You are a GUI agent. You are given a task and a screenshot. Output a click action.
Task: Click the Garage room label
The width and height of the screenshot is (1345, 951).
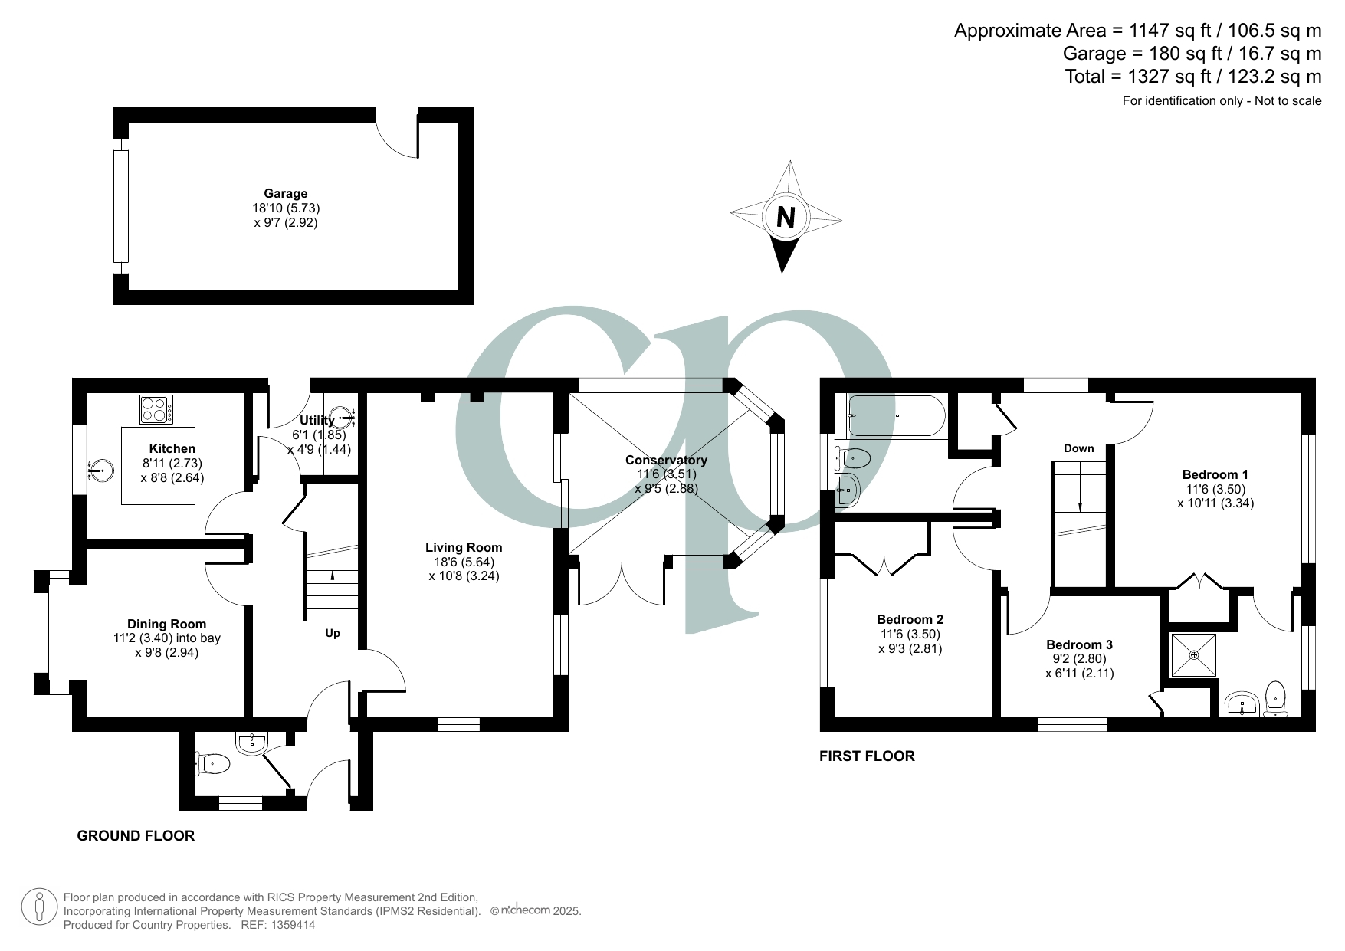tap(285, 194)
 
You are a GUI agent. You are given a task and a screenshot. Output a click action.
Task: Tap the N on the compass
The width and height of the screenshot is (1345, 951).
tap(785, 218)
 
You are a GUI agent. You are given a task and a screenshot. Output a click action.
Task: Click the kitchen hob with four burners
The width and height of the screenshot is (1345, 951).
tap(156, 409)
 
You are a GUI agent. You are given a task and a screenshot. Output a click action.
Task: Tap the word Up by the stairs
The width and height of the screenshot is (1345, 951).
tap(333, 633)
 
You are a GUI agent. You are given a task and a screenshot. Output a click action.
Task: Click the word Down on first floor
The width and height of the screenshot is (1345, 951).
tap(1078, 448)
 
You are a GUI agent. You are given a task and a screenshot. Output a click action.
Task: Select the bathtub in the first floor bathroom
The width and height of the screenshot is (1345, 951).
tap(896, 415)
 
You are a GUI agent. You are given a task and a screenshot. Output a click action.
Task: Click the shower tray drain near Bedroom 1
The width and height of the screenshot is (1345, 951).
tap(1194, 654)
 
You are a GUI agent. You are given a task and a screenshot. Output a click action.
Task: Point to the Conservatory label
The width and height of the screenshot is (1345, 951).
tap(666, 460)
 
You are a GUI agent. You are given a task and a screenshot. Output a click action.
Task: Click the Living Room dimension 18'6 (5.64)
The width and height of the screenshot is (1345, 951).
tap(464, 562)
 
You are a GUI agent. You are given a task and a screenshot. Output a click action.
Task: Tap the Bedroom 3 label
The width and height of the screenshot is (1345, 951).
tap(1079, 644)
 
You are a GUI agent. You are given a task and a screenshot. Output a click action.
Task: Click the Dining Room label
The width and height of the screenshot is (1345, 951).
tap(166, 624)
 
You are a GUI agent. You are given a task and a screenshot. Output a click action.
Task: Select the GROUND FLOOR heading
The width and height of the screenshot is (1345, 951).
tap(136, 835)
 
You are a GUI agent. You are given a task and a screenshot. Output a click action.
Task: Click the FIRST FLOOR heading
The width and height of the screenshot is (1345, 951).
tap(867, 756)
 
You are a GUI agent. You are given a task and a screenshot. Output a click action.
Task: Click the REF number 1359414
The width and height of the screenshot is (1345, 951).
tap(290, 925)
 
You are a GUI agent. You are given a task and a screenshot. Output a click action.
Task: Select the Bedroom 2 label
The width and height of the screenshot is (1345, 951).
tap(910, 619)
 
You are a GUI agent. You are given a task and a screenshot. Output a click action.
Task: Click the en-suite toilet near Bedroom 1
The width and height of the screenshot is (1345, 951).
tap(1274, 696)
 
